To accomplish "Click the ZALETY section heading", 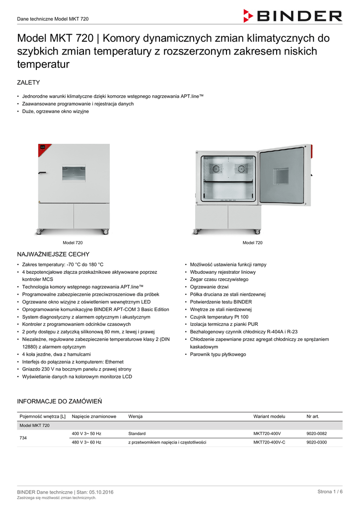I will coord(28,82).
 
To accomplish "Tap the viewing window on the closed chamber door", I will coord(74,174).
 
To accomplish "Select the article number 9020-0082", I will coord(317,434).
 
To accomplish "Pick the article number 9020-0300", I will coord(317,442).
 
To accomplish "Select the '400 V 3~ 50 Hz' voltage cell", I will coord(86,434).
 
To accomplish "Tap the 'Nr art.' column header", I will coord(313,417).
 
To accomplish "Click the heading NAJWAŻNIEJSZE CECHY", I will coord(53,254).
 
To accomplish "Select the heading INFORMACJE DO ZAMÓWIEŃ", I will coord(60,401).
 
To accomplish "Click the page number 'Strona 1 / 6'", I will coord(330,492).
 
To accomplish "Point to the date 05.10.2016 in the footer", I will coord(101,492).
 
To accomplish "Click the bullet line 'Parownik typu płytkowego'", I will coord(218,355).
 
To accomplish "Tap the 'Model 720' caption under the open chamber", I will coord(252,243).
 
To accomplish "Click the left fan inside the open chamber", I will coord(216,169).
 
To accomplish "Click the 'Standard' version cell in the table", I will coord(137,434).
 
